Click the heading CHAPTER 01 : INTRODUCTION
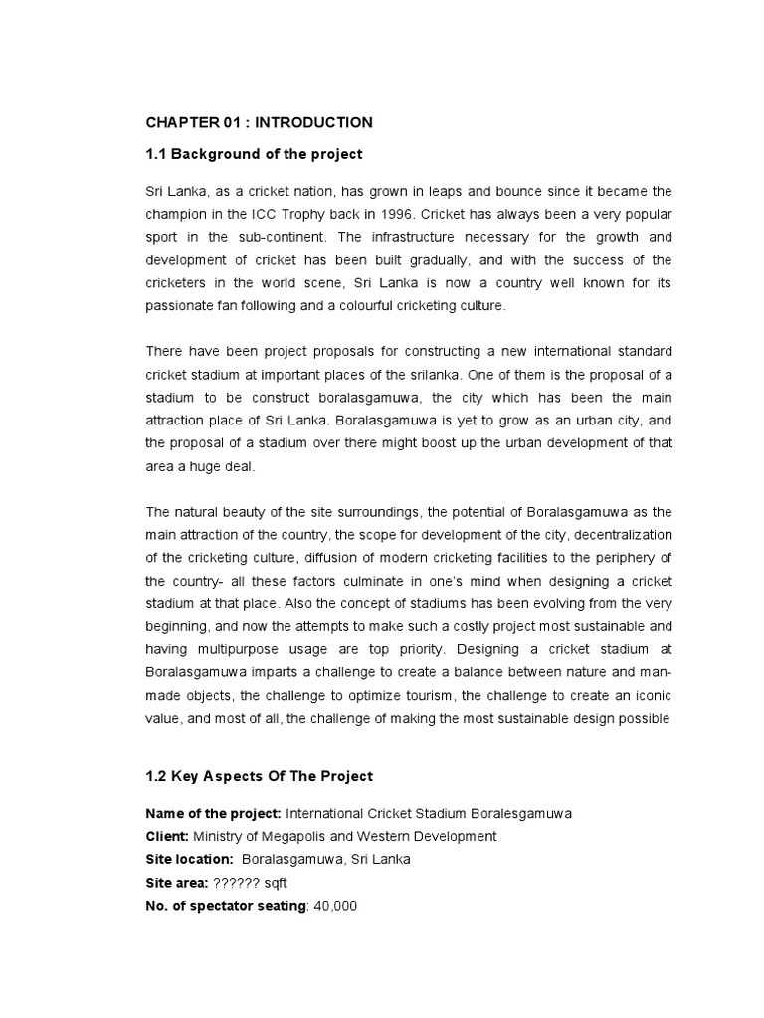(260, 122)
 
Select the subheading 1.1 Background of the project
(254, 154)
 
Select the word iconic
(651, 694)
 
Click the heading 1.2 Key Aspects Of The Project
(260, 776)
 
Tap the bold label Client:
(167, 836)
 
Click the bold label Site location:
(190, 859)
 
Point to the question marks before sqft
(242, 882)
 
